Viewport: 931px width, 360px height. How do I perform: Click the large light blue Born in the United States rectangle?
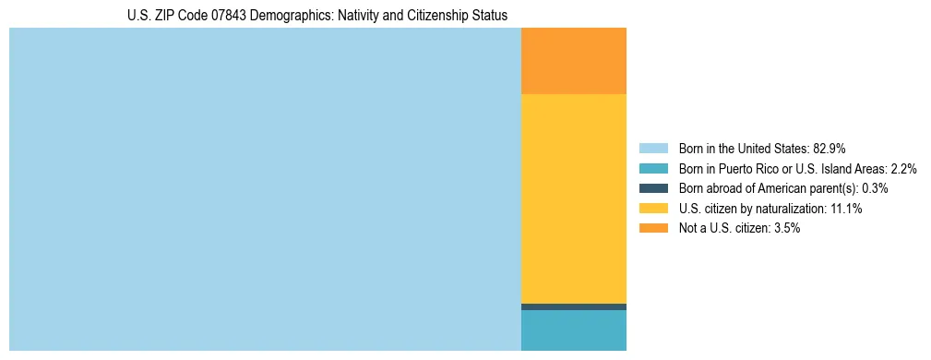265,189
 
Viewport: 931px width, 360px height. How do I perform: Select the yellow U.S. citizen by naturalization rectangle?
574,198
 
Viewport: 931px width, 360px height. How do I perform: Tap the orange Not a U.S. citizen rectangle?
574,61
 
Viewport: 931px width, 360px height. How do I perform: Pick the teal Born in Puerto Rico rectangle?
574,330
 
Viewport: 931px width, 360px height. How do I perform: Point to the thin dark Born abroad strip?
574,306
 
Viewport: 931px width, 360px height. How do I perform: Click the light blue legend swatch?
653,148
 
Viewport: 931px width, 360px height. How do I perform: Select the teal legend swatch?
653,168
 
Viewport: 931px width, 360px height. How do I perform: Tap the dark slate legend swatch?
653,188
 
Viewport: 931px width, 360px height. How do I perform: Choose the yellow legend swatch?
653,209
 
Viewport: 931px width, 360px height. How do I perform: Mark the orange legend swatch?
653,228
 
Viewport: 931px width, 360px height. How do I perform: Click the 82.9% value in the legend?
830,148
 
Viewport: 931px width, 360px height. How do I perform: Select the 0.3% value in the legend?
875,188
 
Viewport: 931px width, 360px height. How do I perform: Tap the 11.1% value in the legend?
845,209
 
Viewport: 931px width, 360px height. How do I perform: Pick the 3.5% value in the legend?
785,228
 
